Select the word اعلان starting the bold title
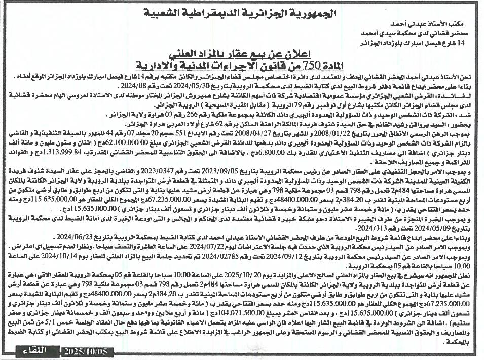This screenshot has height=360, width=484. click(x=297, y=52)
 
